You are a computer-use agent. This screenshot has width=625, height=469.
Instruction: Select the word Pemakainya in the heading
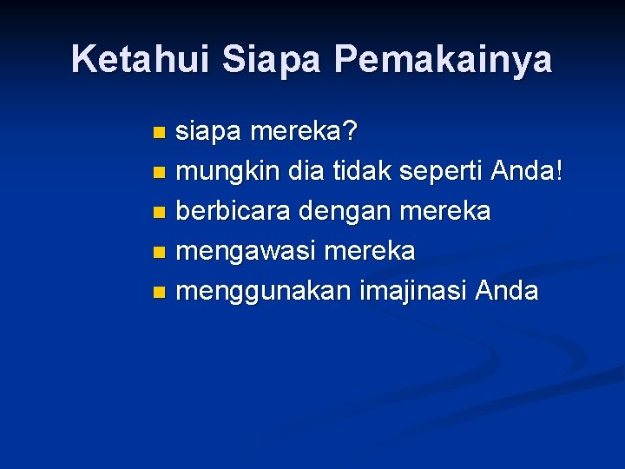coord(443,59)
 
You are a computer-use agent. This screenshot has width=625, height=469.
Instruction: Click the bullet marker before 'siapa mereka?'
coord(157,133)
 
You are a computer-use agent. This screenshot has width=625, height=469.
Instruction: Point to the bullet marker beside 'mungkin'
coord(157,173)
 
